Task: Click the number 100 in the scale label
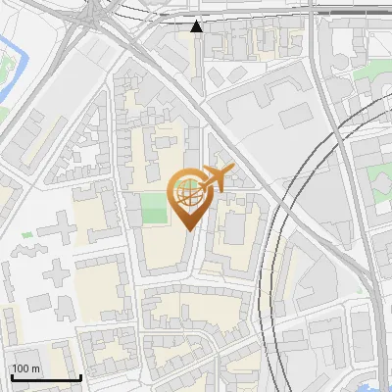tap(22, 368)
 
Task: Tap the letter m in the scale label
tap(36, 368)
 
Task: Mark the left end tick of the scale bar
tap(11, 376)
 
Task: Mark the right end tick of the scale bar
tap(80, 376)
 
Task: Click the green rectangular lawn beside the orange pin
tap(153, 207)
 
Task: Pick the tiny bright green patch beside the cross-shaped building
tap(26, 235)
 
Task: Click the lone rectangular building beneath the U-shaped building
tap(295, 119)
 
